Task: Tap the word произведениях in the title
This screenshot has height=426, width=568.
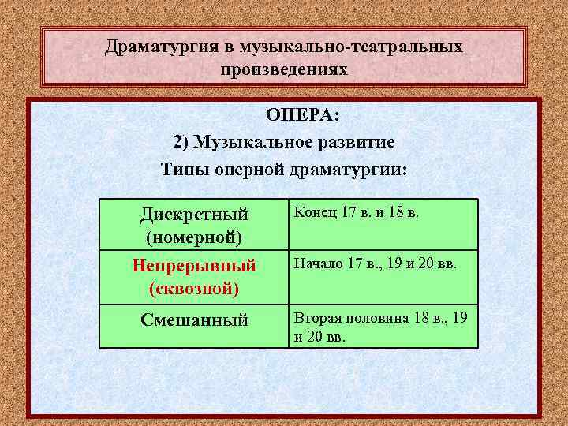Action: click(x=284, y=69)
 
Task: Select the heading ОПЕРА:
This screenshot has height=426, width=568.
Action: click(x=303, y=116)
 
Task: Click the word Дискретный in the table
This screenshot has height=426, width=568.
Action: click(x=194, y=215)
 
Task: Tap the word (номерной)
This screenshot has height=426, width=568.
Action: click(x=194, y=236)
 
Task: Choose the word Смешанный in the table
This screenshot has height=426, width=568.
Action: click(x=194, y=320)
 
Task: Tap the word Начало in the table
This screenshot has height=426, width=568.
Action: click(x=319, y=263)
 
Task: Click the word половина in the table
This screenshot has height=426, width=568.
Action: click(x=374, y=318)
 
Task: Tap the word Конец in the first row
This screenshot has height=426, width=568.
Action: click(x=313, y=212)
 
